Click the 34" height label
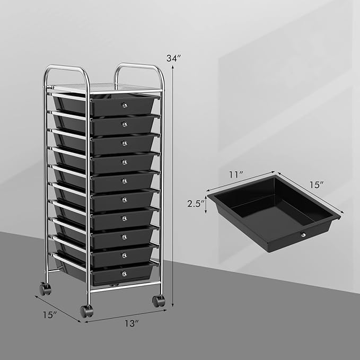coord(173,58)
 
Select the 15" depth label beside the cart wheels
coord(49,314)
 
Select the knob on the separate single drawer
coord(304,235)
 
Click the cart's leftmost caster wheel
coord(45,289)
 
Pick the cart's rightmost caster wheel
coord(158,301)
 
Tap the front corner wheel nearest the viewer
coord(86,311)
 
